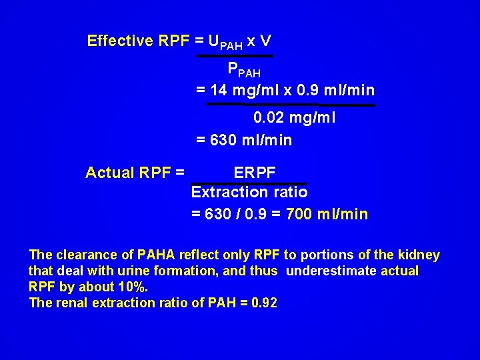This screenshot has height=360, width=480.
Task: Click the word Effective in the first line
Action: [x=120, y=41]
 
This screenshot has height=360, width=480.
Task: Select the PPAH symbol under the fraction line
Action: [x=244, y=69]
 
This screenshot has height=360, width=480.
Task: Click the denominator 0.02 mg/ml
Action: [x=294, y=119]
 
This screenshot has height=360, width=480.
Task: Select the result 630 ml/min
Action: [x=251, y=141]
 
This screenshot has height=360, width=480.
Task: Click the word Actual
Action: [x=110, y=173]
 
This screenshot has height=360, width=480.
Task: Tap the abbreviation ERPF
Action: [x=255, y=173]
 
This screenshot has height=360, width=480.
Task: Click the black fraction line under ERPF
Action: [x=249, y=183]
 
